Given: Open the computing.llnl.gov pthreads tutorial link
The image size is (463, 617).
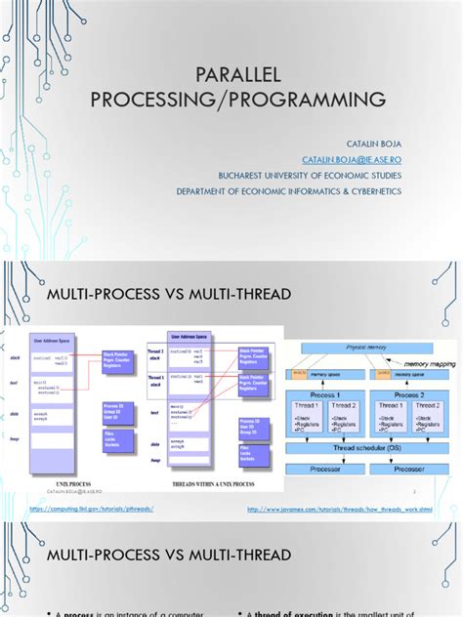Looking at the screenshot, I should (92, 508).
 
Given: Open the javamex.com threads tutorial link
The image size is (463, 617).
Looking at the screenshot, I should (340, 508).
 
